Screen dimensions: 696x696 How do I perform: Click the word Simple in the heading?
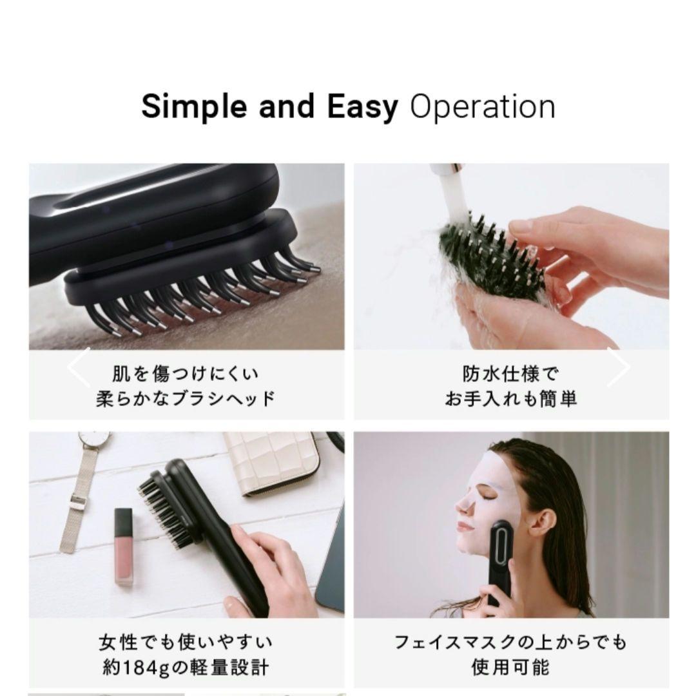(193, 108)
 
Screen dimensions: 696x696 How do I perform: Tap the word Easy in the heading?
(362, 108)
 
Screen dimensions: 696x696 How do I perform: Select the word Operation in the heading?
(482, 108)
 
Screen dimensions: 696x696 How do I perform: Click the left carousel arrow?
(79, 367)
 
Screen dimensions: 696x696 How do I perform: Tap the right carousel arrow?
(618, 367)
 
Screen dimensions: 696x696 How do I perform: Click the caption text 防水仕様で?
(510, 374)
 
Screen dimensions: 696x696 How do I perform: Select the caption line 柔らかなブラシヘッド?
(186, 398)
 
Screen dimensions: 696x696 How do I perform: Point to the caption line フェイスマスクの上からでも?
(510, 643)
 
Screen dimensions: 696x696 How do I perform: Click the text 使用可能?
(510, 667)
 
